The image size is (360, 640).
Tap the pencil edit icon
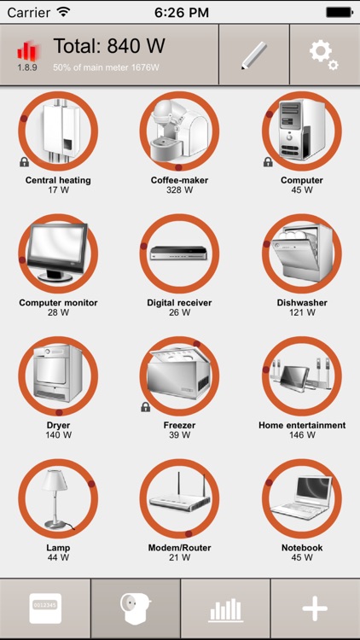pyautogui.click(x=254, y=55)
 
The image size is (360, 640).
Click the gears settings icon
pyautogui.click(x=323, y=55)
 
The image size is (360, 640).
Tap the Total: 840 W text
pyautogui.click(x=109, y=47)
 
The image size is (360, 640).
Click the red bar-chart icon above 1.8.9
pyautogui.click(x=27, y=51)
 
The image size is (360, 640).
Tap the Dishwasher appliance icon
pyautogui.click(x=301, y=253)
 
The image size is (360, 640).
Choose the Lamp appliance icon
pyautogui.click(x=58, y=499)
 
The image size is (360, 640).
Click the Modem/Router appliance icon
pyautogui.click(x=179, y=499)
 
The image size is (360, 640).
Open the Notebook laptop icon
pyautogui.click(x=301, y=499)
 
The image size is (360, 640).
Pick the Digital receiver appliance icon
pyautogui.click(x=179, y=253)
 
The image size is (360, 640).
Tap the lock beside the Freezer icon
pyautogui.click(x=145, y=407)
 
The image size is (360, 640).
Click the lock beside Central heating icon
pyautogui.click(x=24, y=162)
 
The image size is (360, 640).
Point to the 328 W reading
pyautogui.click(x=179, y=190)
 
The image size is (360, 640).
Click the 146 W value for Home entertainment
pyautogui.click(x=302, y=435)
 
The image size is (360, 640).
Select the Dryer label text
pyautogui.click(x=58, y=425)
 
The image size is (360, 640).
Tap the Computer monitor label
pyautogui.click(x=58, y=303)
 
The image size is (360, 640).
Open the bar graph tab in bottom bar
pyautogui.click(x=225, y=609)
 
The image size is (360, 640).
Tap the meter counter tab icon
pyautogui.click(x=45, y=609)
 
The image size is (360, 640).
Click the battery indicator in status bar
pyautogui.click(x=339, y=13)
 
